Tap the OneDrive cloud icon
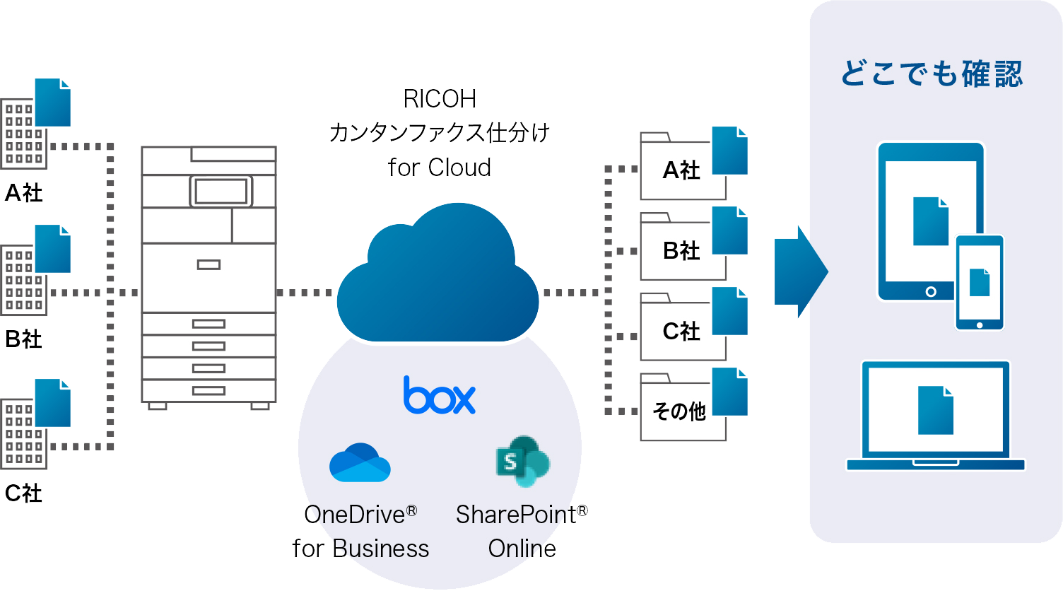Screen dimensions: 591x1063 click(360, 464)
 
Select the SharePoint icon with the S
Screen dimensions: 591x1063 click(522, 461)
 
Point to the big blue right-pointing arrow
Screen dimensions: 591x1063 click(800, 272)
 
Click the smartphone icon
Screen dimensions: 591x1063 click(979, 283)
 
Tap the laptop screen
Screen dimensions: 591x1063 click(935, 410)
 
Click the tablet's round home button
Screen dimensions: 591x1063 click(931, 291)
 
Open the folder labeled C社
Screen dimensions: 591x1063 click(682, 331)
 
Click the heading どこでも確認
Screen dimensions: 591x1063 click(932, 74)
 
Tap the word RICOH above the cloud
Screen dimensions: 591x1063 click(439, 99)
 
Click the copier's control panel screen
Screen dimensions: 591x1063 click(221, 191)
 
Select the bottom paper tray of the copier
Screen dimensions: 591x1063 click(209, 390)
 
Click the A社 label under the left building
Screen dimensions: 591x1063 click(24, 193)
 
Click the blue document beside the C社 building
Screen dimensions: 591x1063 click(53, 403)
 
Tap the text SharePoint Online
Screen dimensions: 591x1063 click(522, 532)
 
